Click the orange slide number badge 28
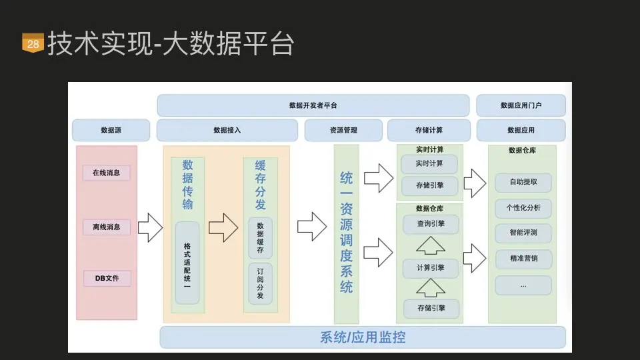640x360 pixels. pos(33,43)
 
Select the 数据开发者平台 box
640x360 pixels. pos(313,105)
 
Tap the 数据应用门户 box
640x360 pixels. pos(521,105)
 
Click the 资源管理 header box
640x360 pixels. pos(343,131)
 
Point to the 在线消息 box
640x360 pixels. pos(107,173)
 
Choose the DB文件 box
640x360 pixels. pos(107,278)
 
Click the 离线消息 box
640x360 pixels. pos(107,227)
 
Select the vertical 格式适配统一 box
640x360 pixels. pos(187,263)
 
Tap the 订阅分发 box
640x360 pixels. pos(260,283)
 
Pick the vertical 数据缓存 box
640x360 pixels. pos(260,238)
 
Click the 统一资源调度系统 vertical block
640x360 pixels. pos(347,233)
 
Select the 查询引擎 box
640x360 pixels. pos(430,224)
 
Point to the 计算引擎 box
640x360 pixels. pos(430,268)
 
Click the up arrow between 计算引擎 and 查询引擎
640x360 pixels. pos(430,246)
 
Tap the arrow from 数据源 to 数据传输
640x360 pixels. pos(150,228)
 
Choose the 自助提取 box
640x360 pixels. pos(523,181)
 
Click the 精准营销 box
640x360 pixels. pos(523,259)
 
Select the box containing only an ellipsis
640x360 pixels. pos(523,285)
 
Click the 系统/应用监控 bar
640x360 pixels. pos(363,337)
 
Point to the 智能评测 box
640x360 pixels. pos(523,233)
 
